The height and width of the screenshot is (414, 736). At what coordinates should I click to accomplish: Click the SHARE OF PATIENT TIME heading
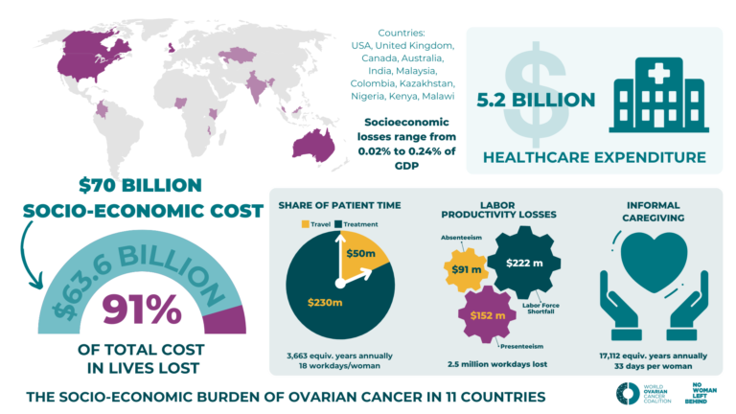click(x=339, y=204)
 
